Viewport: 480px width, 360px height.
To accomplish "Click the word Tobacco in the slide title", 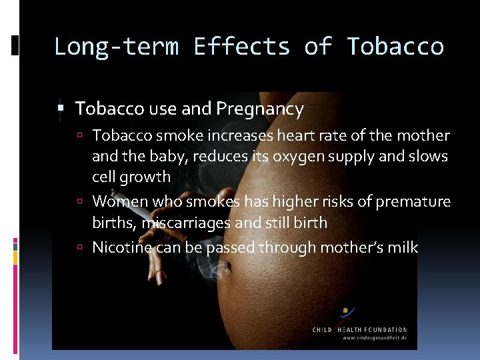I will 395,47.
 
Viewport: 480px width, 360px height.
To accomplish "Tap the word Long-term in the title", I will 116,47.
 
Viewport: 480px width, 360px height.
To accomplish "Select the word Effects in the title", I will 241,47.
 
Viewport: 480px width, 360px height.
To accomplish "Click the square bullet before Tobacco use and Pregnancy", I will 60,108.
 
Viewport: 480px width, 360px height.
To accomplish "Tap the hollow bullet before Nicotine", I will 80,247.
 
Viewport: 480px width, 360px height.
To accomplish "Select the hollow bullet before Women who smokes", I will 80,201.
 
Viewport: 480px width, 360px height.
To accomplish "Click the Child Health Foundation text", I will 360,329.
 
